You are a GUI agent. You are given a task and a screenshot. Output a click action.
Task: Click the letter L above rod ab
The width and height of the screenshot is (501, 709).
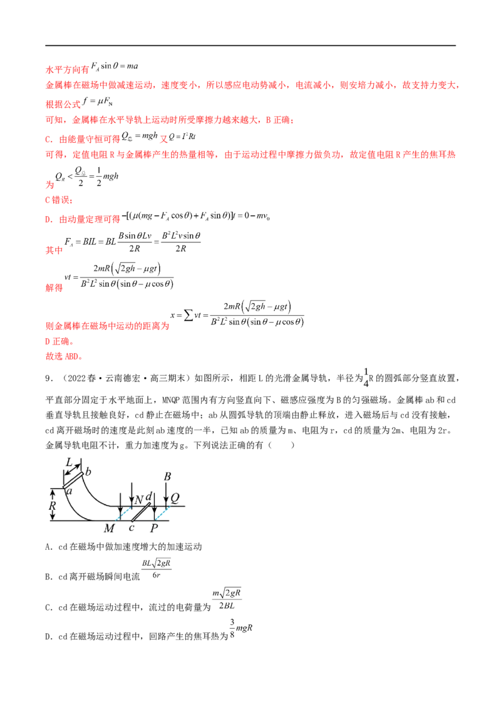(x=69, y=462)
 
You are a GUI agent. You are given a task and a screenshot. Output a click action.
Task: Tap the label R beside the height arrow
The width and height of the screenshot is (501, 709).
(x=53, y=505)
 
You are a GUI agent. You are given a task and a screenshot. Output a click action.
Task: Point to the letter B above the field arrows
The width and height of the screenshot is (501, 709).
(x=167, y=477)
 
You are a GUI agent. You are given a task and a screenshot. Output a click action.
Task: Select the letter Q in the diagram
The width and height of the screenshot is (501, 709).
(x=175, y=498)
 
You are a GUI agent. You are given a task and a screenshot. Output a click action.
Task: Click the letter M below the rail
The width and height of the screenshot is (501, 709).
(x=110, y=528)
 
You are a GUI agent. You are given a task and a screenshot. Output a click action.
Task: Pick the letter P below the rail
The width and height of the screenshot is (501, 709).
(x=154, y=528)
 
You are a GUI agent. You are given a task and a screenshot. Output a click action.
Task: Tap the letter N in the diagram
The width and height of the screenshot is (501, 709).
(x=139, y=500)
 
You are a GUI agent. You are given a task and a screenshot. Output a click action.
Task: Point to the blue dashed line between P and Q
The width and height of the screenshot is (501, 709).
(x=162, y=513)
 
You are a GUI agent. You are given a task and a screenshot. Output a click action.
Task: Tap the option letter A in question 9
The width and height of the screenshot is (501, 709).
(x=48, y=547)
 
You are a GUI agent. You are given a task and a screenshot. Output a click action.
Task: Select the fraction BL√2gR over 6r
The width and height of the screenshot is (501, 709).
(x=157, y=569)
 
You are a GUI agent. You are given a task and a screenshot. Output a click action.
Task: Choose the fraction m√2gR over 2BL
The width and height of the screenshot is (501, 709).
(x=227, y=599)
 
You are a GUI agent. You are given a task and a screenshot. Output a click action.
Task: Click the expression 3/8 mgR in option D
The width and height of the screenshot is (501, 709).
(x=241, y=628)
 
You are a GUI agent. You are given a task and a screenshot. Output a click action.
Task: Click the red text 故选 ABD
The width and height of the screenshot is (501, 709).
(x=65, y=356)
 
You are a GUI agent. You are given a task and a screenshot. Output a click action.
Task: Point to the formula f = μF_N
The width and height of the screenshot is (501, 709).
(x=97, y=101)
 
